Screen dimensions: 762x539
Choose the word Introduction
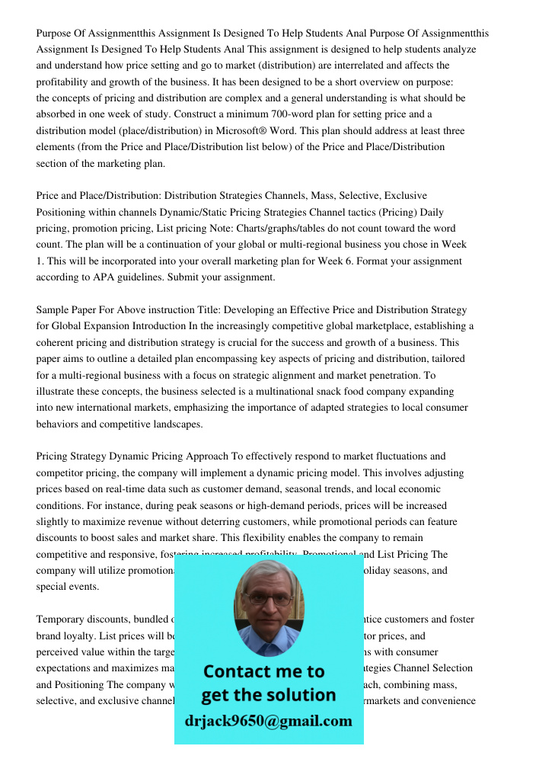[155, 326]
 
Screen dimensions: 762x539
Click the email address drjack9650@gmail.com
[268, 721]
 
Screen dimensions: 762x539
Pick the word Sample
[53, 310]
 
